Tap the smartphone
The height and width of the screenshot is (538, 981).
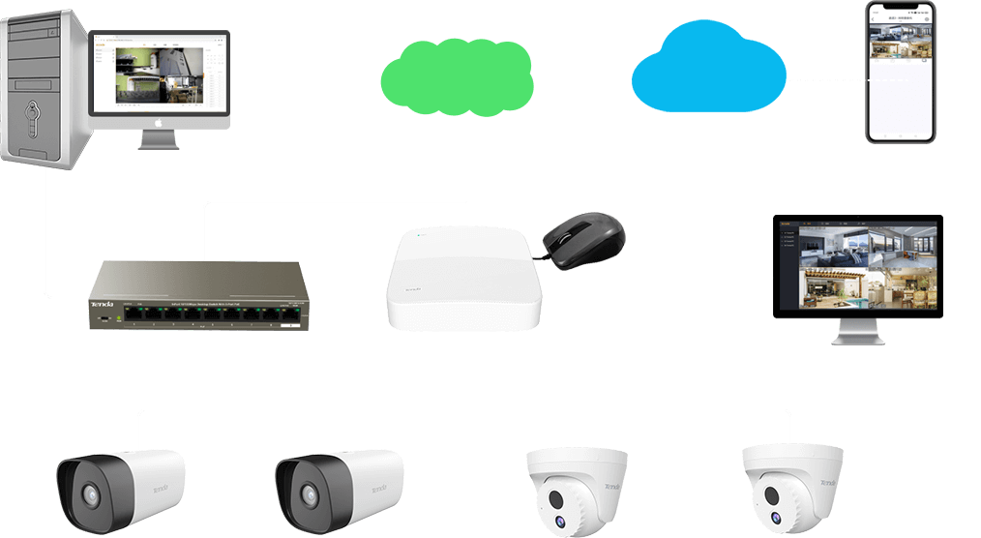901,73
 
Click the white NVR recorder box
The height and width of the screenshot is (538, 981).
462,279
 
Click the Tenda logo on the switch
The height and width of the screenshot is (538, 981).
102,306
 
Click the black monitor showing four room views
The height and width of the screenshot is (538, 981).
857,267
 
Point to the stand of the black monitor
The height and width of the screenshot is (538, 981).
857,332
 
